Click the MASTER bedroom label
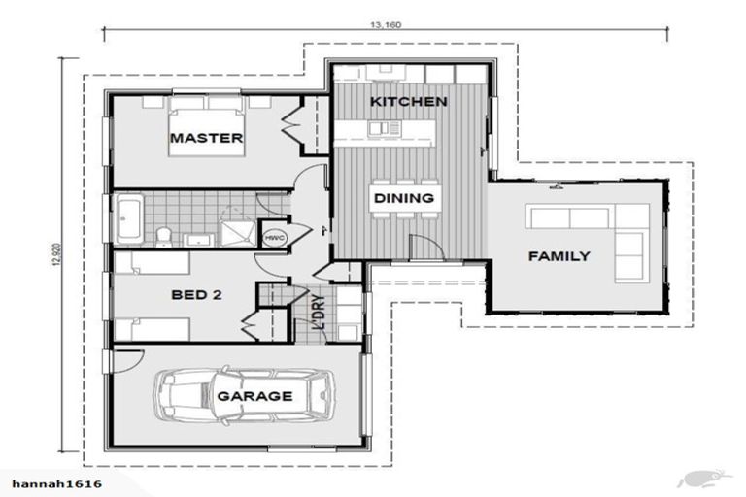(x=206, y=138)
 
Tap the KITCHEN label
(x=408, y=101)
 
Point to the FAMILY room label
(x=559, y=256)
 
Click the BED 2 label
(x=196, y=295)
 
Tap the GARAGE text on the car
(x=254, y=396)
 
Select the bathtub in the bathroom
(x=130, y=218)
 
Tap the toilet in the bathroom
(x=163, y=236)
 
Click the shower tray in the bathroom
(x=233, y=230)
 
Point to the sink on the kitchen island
(x=389, y=127)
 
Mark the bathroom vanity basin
(x=196, y=238)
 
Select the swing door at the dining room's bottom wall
(x=424, y=248)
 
